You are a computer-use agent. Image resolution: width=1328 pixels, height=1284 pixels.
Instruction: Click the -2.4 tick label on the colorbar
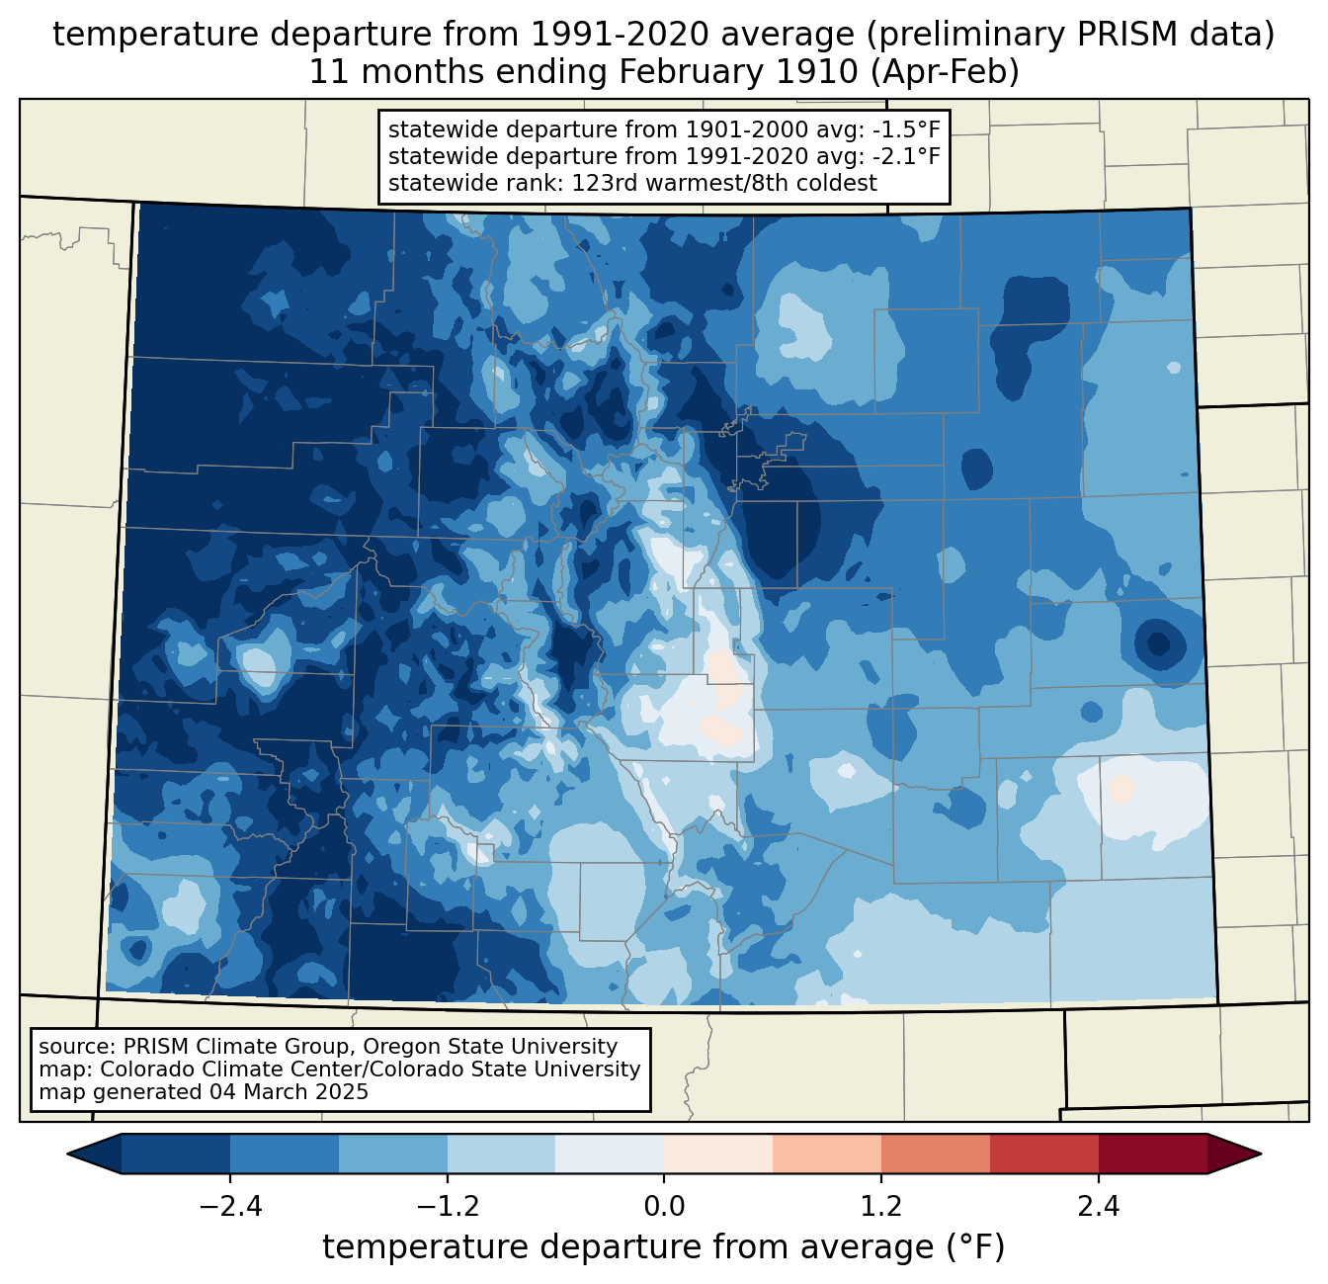pos(230,1207)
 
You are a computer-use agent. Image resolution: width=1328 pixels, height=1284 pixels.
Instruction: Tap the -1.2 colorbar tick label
pos(448,1207)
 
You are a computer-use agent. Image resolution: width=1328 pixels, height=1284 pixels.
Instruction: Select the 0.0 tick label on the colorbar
pos(664,1207)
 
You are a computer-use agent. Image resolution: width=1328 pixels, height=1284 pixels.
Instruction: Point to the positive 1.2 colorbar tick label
pos(881,1207)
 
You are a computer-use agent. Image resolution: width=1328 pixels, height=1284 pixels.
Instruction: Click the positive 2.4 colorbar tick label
pos(1098,1207)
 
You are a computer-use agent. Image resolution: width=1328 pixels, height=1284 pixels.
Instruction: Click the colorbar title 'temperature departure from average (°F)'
pos(664,1247)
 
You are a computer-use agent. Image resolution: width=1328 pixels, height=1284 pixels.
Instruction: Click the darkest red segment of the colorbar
pos(1152,1154)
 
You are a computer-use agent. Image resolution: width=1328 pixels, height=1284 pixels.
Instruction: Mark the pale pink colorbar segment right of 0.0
pos(718,1154)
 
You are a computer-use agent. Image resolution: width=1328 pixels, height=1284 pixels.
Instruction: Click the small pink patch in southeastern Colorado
pos(1121,789)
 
